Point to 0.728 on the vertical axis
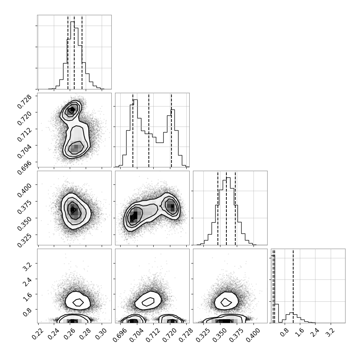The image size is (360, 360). click(24, 101)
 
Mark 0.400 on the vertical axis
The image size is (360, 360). click(24, 190)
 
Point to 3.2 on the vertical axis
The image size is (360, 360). click(27, 267)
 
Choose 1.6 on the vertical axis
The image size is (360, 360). click(27, 297)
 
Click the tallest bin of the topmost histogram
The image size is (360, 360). click(72, 55)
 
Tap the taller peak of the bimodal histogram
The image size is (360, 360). click(135, 133)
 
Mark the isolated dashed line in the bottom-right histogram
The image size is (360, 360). click(293, 286)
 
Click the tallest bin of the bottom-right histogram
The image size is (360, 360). click(273, 289)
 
